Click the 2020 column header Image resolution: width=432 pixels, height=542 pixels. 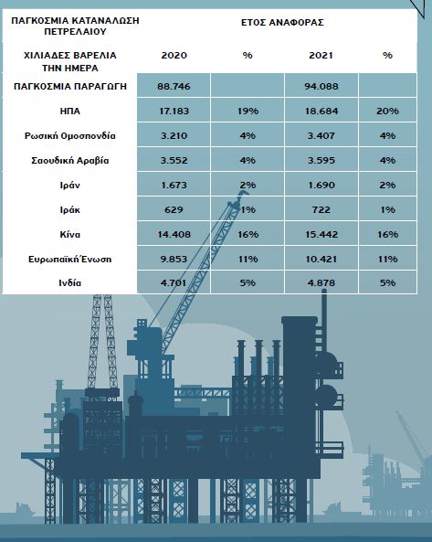(x=174, y=56)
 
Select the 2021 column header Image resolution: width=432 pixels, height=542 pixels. (x=321, y=56)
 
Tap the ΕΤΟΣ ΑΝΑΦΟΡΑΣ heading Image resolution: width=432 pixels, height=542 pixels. (x=282, y=23)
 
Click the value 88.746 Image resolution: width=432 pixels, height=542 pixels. (x=174, y=86)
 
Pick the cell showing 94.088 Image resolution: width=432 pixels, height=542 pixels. (x=321, y=86)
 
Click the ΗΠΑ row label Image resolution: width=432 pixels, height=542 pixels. (x=70, y=111)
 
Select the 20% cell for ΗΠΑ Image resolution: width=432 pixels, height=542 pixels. (x=387, y=111)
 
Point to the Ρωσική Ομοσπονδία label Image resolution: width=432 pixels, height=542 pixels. (x=70, y=136)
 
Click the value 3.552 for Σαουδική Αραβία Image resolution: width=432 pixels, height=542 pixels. (x=174, y=160)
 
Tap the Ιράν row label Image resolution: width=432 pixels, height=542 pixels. (x=70, y=185)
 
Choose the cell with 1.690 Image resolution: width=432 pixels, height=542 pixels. (x=321, y=185)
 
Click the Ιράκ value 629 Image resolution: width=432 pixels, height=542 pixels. (x=174, y=210)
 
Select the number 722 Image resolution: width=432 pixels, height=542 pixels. (x=321, y=210)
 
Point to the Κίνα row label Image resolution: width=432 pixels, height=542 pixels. (x=70, y=234)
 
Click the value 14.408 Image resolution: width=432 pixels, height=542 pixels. (x=174, y=234)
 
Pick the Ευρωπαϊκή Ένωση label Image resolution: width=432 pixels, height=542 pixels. (x=70, y=260)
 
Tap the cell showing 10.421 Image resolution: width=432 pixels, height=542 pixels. (x=321, y=260)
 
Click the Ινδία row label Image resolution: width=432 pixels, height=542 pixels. (x=70, y=283)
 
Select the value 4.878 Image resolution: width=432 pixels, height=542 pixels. (x=321, y=283)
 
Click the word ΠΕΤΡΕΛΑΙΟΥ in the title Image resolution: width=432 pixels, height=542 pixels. (x=75, y=32)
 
